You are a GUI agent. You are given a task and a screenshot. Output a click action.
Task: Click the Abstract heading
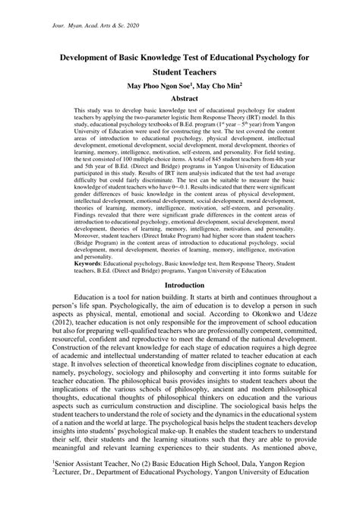(x=179, y=99)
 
